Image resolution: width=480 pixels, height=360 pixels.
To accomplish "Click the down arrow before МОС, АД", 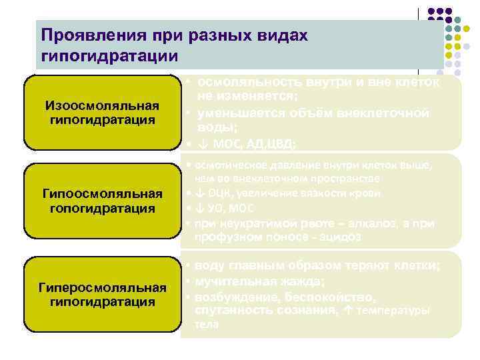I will [x=202, y=143].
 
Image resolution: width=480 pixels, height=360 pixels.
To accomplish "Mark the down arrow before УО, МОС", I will [x=200, y=208].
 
